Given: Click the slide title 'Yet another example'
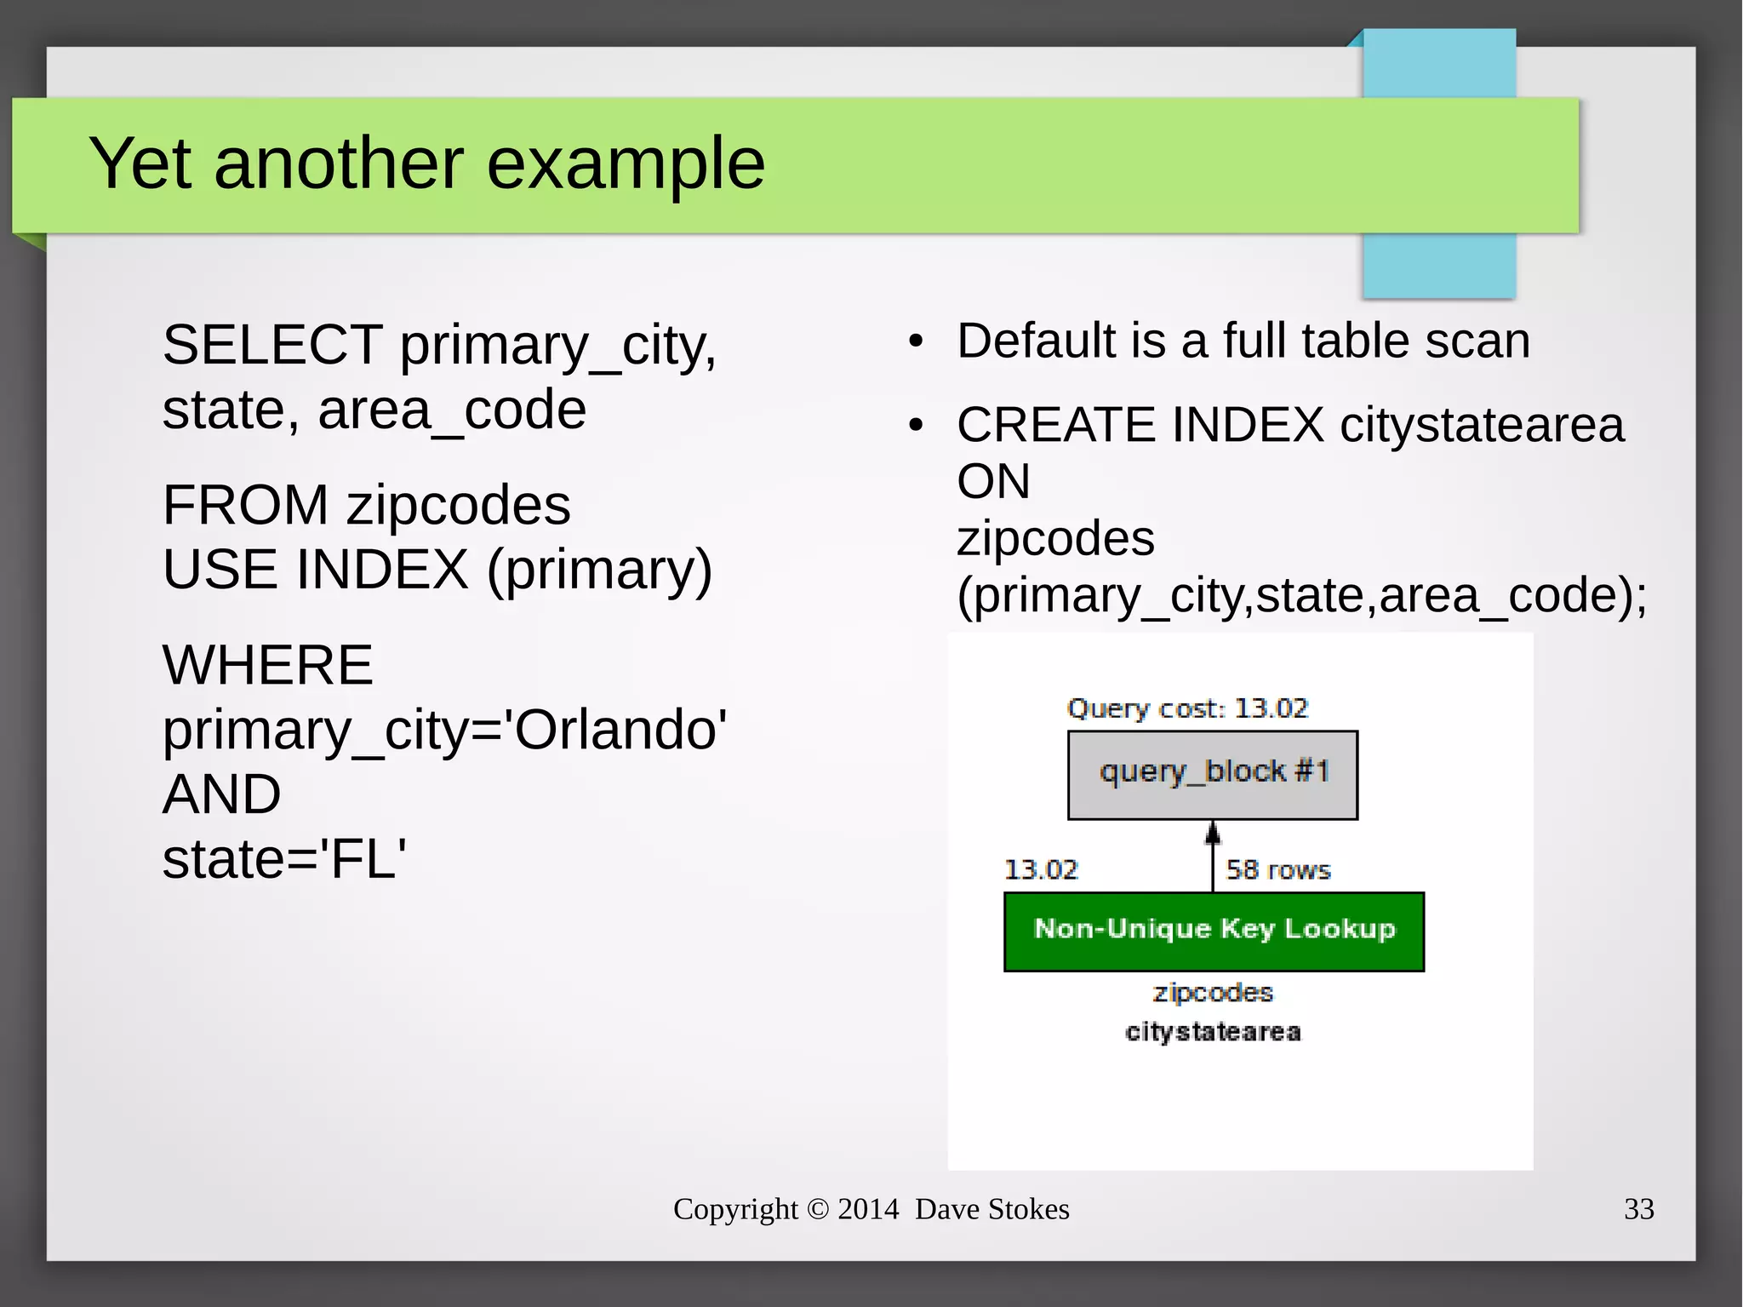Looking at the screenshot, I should click(x=426, y=163).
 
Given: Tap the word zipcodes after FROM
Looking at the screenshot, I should click(x=458, y=505).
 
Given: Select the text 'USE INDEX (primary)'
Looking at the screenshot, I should click(x=437, y=570).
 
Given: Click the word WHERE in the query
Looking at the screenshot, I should click(x=267, y=665).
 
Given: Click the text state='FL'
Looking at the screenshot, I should click(x=284, y=858).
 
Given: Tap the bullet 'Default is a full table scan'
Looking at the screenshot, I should click(x=1243, y=341).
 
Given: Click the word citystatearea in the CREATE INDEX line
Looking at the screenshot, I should click(x=1482, y=425).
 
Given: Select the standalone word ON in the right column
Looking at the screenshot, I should click(x=993, y=482).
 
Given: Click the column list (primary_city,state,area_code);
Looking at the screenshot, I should click(x=1301, y=595).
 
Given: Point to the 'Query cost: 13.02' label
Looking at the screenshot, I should click(x=1187, y=708).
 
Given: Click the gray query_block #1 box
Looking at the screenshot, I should click(x=1212, y=774).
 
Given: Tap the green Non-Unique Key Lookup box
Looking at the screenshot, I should click(x=1214, y=931).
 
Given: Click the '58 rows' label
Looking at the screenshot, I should click(x=1277, y=870).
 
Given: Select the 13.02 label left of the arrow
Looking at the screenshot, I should click(x=1041, y=870).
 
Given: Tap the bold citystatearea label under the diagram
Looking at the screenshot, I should click(x=1213, y=1032).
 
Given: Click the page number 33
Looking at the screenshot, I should click(x=1638, y=1209).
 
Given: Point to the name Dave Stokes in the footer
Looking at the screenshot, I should click(x=992, y=1209).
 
